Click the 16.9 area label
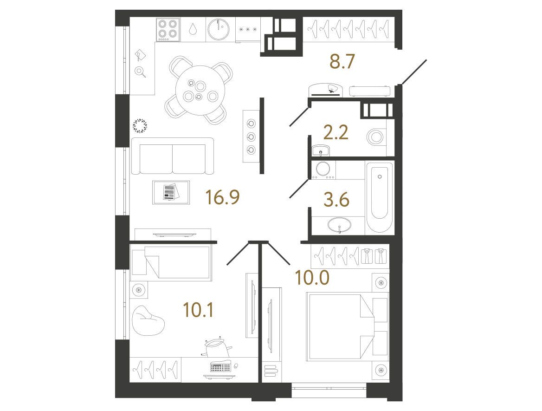point(222,197)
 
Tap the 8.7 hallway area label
point(342,62)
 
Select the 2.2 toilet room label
point(336,132)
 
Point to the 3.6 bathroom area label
point(337,200)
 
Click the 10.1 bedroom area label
point(198,310)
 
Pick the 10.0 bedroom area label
point(312,278)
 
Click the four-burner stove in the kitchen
point(168,29)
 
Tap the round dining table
point(200,91)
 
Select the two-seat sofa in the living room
point(173,156)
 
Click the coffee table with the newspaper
point(171,192)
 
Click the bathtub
point(380,197)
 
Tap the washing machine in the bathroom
point(323,170)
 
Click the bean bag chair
point(148,320)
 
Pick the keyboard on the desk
point(220,367)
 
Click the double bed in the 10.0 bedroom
point(347,326)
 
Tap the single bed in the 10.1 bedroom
point(170,262)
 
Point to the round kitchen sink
point(219,29)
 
